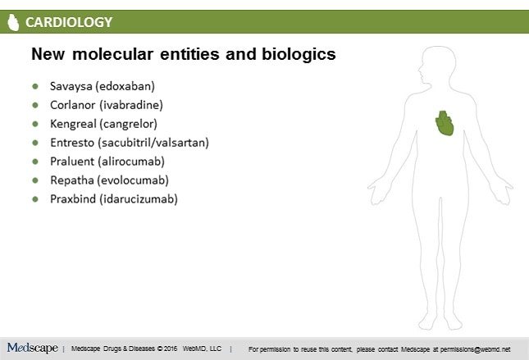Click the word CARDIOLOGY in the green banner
coord(69,22)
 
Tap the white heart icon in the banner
coord(13,22)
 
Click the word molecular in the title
coord(112,54)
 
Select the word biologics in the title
coord(299,55)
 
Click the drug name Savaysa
coord(71,86)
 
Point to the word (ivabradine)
coord(131,105)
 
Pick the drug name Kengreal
coord(73,124)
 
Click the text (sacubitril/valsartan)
coord(153,143)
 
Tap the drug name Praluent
coord(72,162)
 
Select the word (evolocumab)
coord(133,180)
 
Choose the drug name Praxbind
coord(73,199)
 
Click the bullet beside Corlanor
coord(35,105)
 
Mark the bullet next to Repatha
coord(35,180)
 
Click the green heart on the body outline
coord(445,123)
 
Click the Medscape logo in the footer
coord(32,348)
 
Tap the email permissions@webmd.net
coord(475,349)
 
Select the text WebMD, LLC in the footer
coord(202,349)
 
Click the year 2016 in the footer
coord(171,349)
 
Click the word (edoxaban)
coord(125,86)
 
